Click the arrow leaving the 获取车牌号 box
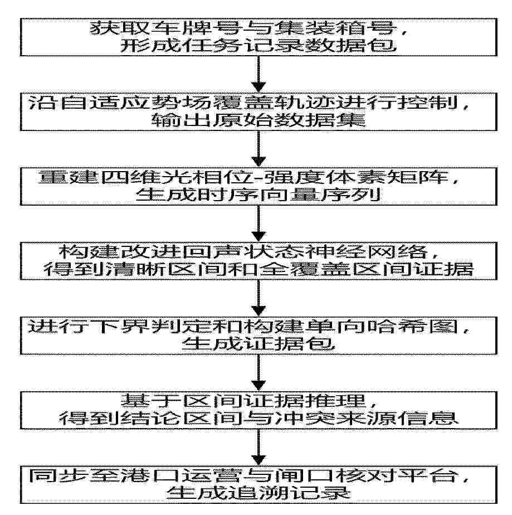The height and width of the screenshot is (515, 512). (259, 74)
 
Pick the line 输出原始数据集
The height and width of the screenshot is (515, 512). (259, 120)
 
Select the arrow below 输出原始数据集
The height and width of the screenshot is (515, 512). (259, 149)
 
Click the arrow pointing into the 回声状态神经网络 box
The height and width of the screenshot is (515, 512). (259, 224)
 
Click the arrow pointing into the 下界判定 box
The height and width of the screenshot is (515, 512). (259, 298)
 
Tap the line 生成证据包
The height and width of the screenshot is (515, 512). (259, 344)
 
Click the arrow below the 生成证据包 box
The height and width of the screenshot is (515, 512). (259, 372)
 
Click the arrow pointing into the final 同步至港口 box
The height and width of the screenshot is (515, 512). (259, 447)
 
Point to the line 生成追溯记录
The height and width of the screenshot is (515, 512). (259, 493)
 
